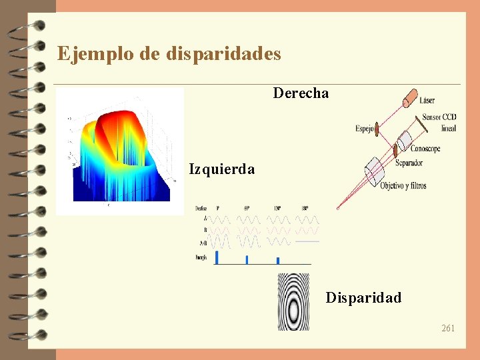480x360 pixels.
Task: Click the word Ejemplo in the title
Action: pyautogui.click(x=95, y=53)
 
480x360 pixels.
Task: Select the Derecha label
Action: pyautogui.click(x=301, y=93)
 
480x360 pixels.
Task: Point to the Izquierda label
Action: pyautogui.click(x=221, y=169)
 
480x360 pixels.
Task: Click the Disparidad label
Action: pyautogui.click(x=363, y=298)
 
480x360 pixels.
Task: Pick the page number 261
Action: pyautogui.click(x=448, y=328)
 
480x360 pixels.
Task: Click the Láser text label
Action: pyautogui.click(x=427, y=101)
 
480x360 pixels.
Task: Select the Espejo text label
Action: pyautogui.click(x=365, y=128)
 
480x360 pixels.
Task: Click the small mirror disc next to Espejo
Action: pyautogui.click(x=377, y=129)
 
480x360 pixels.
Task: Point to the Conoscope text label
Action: pyautogui.click(x=425, y=149)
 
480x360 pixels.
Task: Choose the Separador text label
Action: pyautogui.click(x=409, y=163)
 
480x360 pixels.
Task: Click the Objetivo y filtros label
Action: pyautogui.click(x=403, y=185)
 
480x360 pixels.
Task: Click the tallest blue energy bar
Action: pyautogui.click(x=216, y=258)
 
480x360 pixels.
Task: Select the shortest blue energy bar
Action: pyautogui.click(x=277, y=261)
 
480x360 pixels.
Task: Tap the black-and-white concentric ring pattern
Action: pyautogui.click(x=294, y=301)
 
